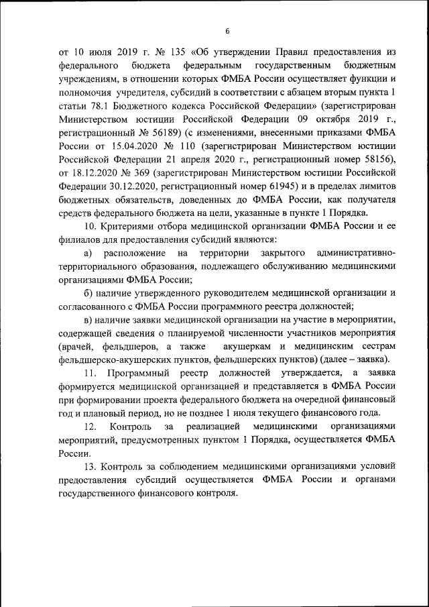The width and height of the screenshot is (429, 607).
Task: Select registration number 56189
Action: (x=176, y=134)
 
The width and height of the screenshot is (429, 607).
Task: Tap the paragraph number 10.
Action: (x=90, y=227)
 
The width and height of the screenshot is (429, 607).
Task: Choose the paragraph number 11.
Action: (x=90, y=372)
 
